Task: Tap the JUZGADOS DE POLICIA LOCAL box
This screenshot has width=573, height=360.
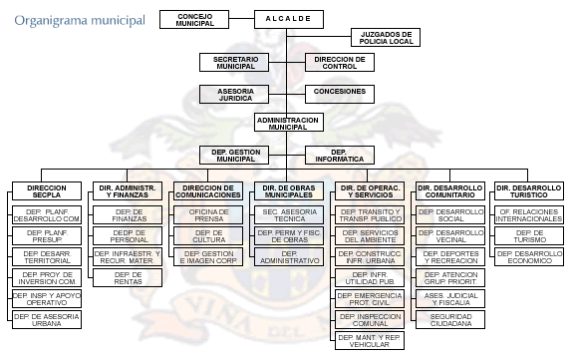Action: coord(385,38)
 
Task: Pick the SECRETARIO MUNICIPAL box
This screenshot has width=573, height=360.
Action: coord(235,62)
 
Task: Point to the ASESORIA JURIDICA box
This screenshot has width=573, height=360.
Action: coord(235,93)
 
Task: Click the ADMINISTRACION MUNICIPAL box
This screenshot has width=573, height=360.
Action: coord(287,122)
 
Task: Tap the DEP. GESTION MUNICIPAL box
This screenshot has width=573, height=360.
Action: coord(235,155)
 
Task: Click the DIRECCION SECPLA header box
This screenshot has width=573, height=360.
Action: coord(47,191)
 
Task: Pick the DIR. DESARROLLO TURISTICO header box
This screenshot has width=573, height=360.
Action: coord(529,191)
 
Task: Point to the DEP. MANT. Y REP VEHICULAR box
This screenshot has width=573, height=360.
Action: coord(370,340)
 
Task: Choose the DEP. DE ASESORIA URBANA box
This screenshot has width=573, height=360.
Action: coord(47,319)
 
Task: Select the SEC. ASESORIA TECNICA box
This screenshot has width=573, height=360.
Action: coord(289,214)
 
